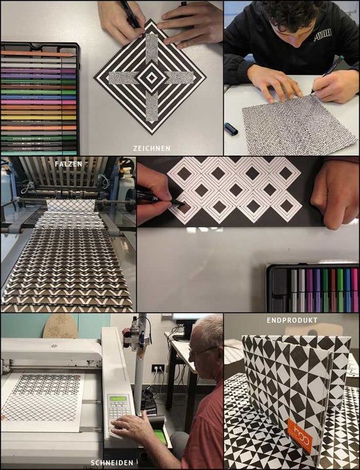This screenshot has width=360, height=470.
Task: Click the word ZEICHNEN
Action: tap(152, 148)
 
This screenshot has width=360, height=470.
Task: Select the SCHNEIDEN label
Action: tap(112, 463)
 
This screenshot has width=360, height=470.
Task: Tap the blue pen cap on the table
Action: tap(231, 128)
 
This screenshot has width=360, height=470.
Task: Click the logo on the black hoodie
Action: tap(323, 35)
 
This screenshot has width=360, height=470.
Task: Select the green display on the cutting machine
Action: tap(118, 398)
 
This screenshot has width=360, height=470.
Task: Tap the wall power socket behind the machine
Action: tap(158, 368)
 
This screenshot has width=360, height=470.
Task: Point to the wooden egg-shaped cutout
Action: tap(60, 326)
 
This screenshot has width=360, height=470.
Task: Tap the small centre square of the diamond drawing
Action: tap(152, 78)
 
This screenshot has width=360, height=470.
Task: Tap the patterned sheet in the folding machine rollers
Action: tap(71, 205)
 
